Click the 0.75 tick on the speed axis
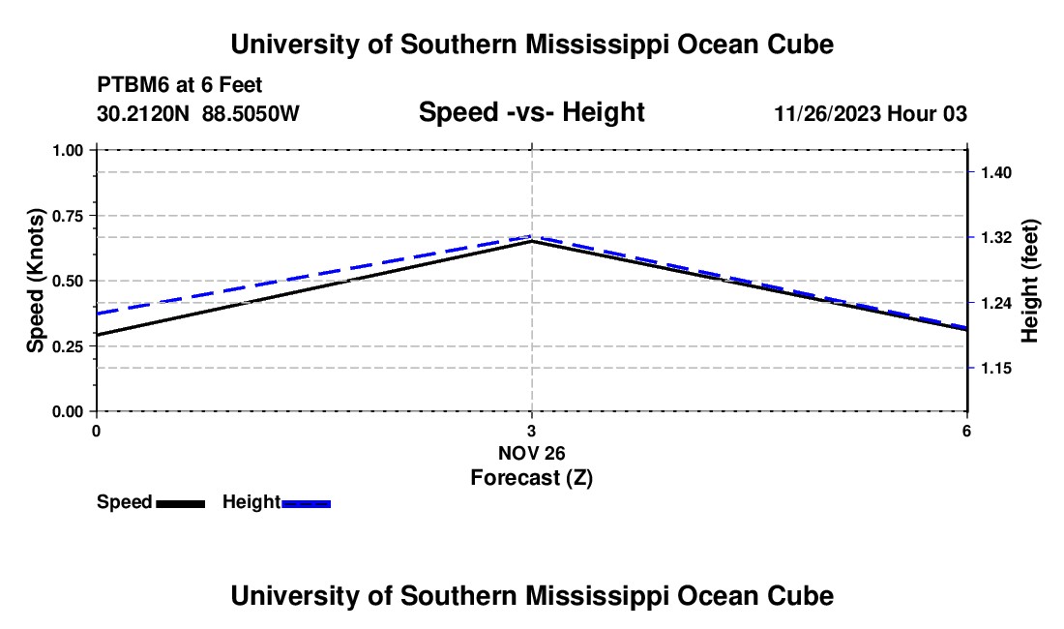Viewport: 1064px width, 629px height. (x=67, y=216)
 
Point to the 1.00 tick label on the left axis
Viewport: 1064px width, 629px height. (x=67, y=150)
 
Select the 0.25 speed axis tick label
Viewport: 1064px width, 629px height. (x=67, y=346)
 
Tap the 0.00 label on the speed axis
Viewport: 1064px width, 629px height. (x=67, y=412)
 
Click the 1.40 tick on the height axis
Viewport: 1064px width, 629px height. (x=996, y=173)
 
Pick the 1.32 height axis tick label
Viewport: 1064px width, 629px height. (x=996, y=237)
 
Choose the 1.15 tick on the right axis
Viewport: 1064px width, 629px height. (x=996, y=369)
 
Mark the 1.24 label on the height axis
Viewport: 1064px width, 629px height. (x=996, y=303)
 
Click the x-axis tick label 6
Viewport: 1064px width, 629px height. (x=966, y=431)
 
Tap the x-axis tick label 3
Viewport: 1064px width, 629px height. (x=531, y=431)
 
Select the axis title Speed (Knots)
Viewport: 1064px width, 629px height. (x=35, y=281)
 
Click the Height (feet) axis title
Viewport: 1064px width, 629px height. (x=1029, y=281)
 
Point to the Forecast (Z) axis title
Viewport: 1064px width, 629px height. (x=532, y=478)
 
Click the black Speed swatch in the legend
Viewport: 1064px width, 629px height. (x=181, y=504)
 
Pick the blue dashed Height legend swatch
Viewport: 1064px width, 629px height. (x=306, y=504)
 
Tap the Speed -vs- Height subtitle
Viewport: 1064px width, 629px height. (x=531, y=112)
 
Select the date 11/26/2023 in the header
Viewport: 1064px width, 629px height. (x=827, y=113)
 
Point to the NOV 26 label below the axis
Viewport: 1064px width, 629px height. (x=531, y=453)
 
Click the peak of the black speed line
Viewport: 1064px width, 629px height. (x=531, y=241)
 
